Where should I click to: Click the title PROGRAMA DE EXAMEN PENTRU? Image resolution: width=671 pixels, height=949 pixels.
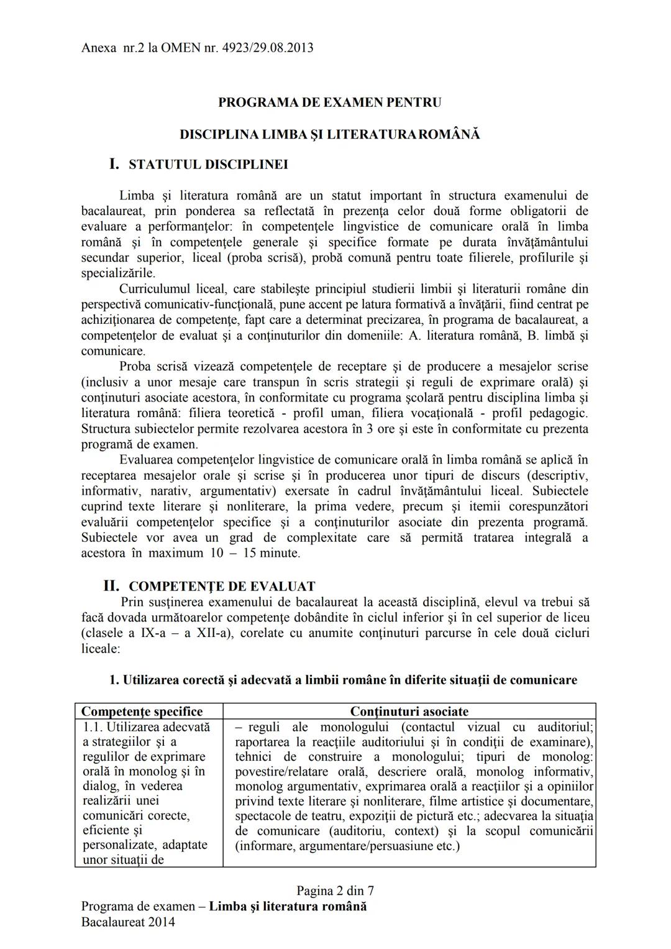[329, 103]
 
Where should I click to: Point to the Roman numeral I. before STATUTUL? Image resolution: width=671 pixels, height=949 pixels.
[114, 165]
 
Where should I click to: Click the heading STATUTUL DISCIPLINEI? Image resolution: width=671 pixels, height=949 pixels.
[208, 165]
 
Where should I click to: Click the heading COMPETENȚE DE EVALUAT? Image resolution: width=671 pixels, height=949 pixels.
[222, 587]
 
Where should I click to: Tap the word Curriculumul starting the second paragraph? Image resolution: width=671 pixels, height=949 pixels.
[155, 289]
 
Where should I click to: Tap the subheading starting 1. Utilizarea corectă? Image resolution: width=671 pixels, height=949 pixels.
[343, 680]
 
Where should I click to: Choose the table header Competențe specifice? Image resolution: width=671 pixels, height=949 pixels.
[142, 712]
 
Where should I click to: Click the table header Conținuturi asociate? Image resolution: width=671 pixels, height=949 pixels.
[409, 712]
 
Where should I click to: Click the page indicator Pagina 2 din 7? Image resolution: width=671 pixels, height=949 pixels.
[335, 891]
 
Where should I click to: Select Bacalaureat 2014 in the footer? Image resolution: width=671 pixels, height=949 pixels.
[128, 922]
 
